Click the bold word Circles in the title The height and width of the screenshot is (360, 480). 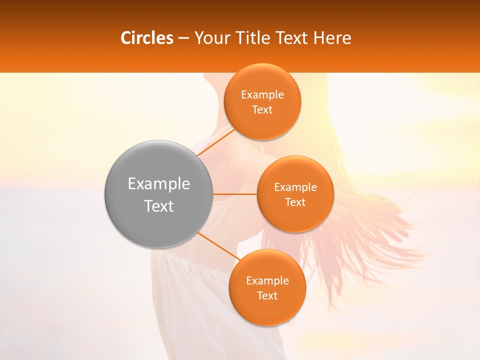click(x=147, y=38)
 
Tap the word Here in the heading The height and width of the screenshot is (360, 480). click(x=332, y=38)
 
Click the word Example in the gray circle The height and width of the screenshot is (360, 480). click(x=159, y=184)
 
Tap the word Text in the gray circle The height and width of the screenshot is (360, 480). click(x=159, y=206)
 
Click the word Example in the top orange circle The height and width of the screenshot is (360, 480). click(x=262, y=95)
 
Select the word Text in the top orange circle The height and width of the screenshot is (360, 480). click(x=262, y=110)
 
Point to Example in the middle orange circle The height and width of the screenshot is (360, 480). click(x=295, y=187)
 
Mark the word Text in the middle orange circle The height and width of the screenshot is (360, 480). click(x=295, y=202)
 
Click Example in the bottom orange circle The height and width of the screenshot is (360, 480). click(x=267, y=281)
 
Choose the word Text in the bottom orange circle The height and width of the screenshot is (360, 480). click(x=267, y=296)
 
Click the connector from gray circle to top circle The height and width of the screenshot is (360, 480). click(x=216, y=141)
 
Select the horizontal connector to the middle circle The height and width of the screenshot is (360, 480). click(x=235, y=194)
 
